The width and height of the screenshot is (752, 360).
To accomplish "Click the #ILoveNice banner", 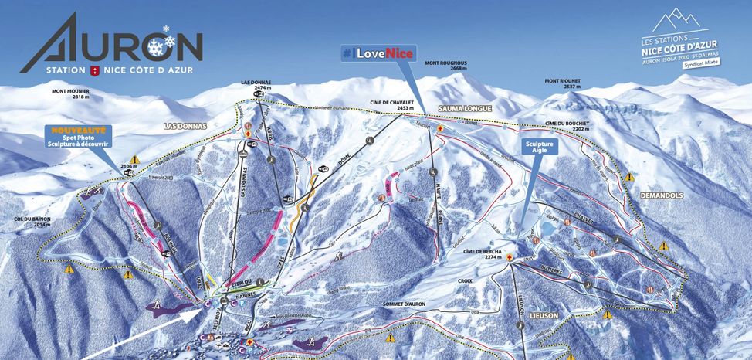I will coord(378,53).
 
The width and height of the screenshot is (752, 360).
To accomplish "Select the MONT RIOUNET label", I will coord(562,80).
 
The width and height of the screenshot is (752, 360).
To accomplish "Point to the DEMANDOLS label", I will coord(662,196).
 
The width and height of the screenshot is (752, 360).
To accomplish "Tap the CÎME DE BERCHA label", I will coord(484,251).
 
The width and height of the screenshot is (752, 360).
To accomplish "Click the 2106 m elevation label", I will coord(128,165).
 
